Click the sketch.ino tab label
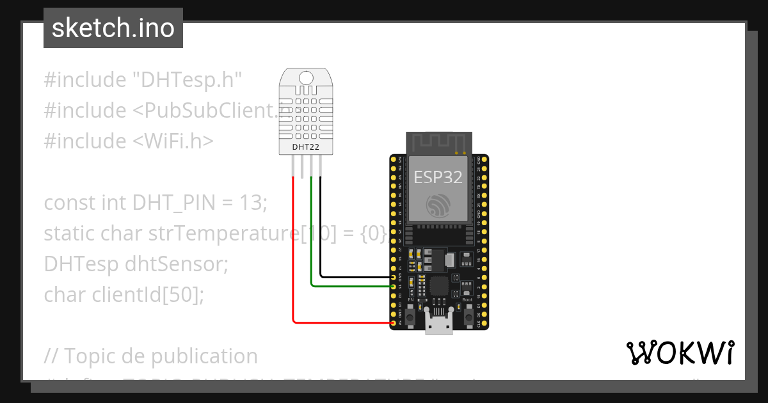coord(113,28)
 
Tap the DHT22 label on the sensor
coord(305,147)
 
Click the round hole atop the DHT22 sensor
coord(306,78)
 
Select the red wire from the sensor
coord(294,256)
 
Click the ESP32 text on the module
coord(438,177)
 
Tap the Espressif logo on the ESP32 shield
coord(438,205)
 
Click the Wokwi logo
coord(680,352)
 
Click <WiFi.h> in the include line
coord(173,141)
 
